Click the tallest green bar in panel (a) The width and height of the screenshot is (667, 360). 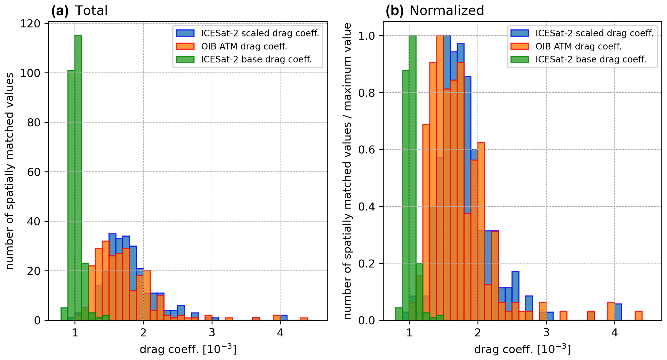(x=78, y=178)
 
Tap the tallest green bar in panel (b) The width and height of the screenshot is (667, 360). (x=412, y=178)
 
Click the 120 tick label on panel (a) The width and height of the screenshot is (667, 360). (x=30, y=24)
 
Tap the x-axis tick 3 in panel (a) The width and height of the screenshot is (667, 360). (x=212, y=333)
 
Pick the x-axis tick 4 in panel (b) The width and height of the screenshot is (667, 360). (x=614, y=333)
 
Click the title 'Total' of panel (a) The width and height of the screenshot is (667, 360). (x=91, y=11)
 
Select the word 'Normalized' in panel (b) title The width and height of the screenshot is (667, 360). (x=447, y=11)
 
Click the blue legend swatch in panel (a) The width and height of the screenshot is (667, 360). (x=185, y=33)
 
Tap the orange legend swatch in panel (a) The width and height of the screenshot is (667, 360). (x=185, y=46)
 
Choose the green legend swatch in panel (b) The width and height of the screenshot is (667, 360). (x=519, y=60)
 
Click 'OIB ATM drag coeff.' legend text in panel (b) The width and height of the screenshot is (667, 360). (x=578, y=46)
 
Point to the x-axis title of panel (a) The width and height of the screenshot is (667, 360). (x=188, y=349)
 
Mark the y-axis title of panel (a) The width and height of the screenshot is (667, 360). (x=10, y=171)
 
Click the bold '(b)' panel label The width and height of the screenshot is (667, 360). (x=394, y=11)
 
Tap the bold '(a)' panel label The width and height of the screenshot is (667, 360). (x=60, y=11)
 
